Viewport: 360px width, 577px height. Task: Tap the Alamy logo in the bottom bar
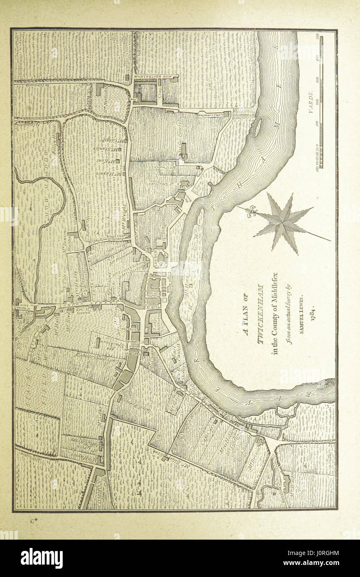tap(42, 558)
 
